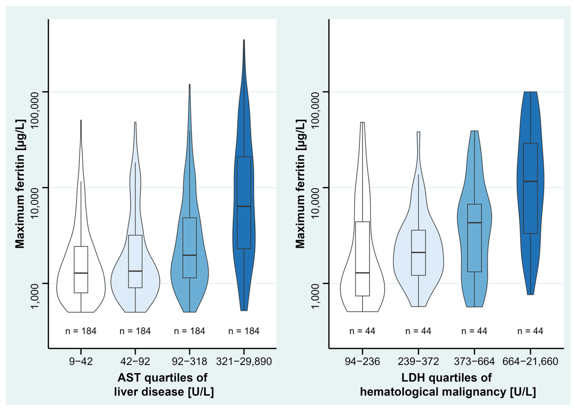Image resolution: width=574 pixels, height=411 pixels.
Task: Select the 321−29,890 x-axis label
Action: [x=244, y=361]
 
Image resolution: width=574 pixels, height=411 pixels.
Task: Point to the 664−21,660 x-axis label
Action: [x=530, y=361]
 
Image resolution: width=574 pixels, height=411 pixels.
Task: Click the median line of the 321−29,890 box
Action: [x=244, y=207]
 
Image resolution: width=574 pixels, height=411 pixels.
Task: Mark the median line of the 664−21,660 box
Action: [x=530, y=181]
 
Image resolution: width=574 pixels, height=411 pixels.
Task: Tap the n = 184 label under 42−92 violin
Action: [x=135, y=331]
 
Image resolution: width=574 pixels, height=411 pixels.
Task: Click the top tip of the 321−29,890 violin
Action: [x=244, y=41]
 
